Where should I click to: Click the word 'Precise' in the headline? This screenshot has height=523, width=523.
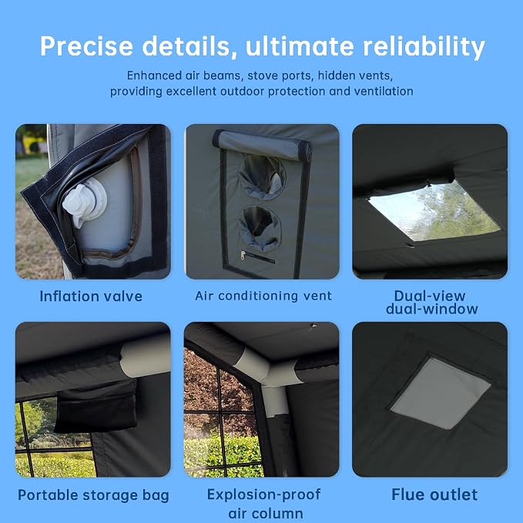(x=87, y=45)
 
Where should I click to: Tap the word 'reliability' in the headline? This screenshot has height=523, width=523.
(x=424, y=47)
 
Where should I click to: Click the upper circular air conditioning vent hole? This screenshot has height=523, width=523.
(x=262, y=177)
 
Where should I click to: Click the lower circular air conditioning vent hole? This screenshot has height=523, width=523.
(x=260, y=228)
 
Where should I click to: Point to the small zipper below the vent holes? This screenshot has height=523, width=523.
(x=257, y=256)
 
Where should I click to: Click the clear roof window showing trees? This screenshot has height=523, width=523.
(x=434, y=211)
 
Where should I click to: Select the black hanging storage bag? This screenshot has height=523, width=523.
(x=96, y=406)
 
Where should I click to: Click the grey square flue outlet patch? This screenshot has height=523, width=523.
(x=441, y=394)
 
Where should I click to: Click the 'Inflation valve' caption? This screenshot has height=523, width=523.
(x=91, y=297)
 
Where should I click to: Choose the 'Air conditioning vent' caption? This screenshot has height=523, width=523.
(x=263, y=296)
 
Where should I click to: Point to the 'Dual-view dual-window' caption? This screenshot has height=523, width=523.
(x=431, y=303)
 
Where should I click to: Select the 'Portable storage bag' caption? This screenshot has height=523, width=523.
(x=93, y=495)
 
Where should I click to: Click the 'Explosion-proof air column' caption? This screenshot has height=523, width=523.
(x=264, y=504)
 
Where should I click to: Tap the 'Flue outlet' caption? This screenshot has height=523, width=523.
(x=434, y=495)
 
